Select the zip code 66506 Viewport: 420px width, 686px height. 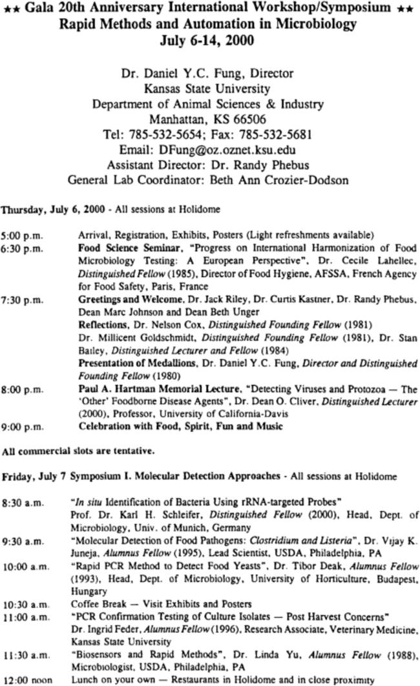tap(243, 120)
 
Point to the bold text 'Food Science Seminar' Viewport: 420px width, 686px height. tap(118, 247)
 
